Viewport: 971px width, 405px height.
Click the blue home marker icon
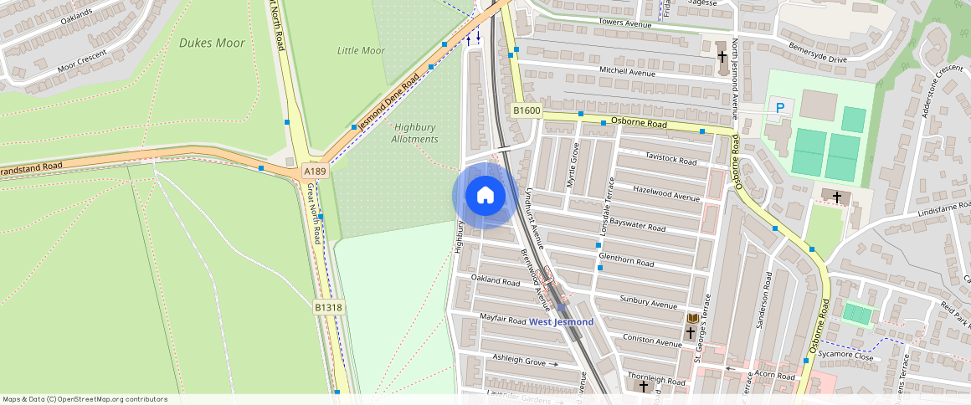click(485, 196)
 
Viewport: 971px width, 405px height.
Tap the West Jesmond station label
click(562, 322)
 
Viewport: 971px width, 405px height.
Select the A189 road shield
click(315, 172)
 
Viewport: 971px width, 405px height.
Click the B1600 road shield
click(527, 110)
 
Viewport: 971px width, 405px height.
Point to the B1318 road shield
click(329, 308)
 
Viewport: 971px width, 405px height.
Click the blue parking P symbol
click(780, 107)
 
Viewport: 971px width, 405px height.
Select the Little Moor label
click(361, 51)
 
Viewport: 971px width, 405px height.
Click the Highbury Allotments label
click(414, 133)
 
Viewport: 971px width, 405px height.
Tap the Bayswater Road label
click(637, 226)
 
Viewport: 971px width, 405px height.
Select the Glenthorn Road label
click(626, 263)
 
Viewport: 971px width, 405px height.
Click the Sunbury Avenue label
click(649, 301)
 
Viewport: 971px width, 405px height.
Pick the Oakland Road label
click(495, 280)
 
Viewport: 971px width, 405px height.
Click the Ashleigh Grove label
click(519, 361)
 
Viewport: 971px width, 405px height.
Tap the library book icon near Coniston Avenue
click(693, 319)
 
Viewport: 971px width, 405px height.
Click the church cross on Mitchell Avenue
click(722, 57)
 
